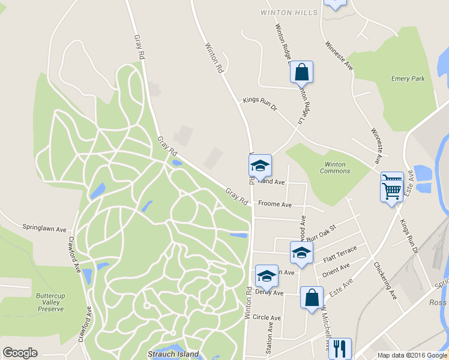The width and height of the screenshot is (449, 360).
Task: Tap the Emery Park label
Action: [x=408, y=79]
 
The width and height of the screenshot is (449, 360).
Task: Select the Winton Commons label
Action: [x=335, y=167]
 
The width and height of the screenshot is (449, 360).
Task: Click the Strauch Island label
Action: [x=173, y=354]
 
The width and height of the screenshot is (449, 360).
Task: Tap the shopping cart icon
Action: [x=391, y=190]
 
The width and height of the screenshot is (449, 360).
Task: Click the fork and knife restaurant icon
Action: [x=340, y=348]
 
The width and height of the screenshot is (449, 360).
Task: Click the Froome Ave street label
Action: [x=275, y=205]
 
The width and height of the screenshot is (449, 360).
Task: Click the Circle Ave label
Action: [x=267, y=317]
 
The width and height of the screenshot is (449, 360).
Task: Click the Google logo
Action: [x=20, y=353]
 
